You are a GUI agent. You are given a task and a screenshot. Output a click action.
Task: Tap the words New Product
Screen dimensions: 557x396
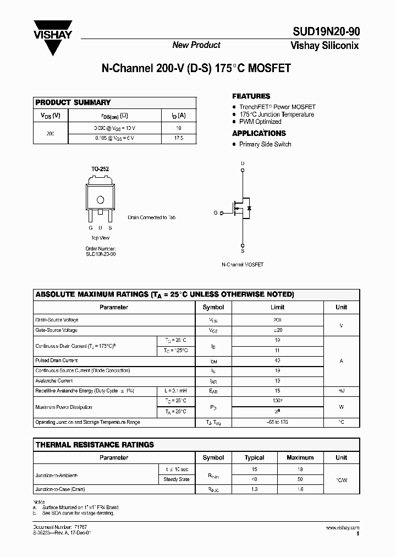[196, 45]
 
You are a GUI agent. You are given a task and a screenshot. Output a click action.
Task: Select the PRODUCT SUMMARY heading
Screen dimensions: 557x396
[73, 102]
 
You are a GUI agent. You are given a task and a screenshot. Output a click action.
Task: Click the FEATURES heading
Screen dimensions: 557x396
[251, 96]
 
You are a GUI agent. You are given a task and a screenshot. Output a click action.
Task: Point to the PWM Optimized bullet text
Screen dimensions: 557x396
[260, 122]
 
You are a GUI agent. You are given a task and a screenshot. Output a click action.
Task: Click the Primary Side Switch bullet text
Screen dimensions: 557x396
[265, 144]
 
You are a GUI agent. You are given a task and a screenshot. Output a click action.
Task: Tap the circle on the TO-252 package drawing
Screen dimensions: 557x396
[100, 200]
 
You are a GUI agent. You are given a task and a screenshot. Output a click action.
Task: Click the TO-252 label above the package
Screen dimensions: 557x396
[100, 170]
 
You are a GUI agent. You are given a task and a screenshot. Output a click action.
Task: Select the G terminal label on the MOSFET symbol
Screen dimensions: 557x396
[216, 212]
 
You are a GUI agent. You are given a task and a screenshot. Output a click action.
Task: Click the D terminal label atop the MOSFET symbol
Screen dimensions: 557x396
[243, 163]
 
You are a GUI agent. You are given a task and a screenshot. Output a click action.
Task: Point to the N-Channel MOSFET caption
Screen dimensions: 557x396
[243, 265]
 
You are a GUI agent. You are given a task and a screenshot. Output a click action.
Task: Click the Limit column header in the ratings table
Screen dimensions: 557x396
[277, 307]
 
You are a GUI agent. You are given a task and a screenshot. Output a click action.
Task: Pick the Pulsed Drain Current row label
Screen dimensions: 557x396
[57, 361]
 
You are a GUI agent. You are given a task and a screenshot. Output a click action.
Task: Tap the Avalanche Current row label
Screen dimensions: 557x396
[54, 380]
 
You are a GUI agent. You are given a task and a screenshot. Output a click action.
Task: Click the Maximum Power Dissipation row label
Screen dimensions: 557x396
[64, 407]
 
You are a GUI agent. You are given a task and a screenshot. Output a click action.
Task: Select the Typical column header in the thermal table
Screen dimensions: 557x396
[254, 457]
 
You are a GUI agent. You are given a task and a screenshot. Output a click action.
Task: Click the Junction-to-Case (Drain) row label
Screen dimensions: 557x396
[60, 489]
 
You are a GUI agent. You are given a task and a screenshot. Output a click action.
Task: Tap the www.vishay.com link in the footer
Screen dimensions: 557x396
[342, 528]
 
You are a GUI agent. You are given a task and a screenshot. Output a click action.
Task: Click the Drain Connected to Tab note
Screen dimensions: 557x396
[151, 218]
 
